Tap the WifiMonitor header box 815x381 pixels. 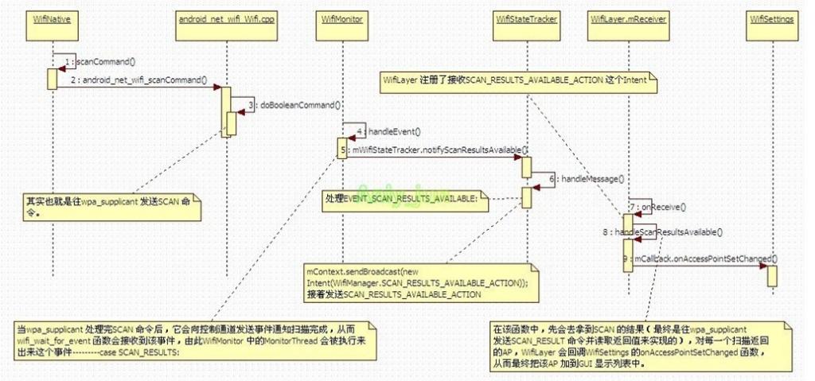pos(343,18)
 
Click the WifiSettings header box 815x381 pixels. pos(771,18)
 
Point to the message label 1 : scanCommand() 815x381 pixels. pos(100,62)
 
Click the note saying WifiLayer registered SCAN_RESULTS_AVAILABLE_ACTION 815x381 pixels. pos(517,81)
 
